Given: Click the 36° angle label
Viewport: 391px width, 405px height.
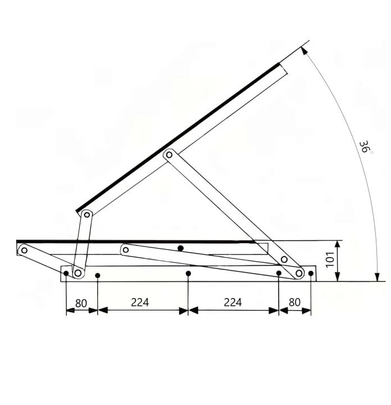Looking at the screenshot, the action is tap(365, 147).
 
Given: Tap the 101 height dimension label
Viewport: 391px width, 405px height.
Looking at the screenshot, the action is tap(330, 259).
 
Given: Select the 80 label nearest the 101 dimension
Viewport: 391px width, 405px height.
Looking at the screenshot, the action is tap(294, 302).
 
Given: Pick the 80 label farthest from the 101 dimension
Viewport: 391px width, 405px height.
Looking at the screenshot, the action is tap(81, 303).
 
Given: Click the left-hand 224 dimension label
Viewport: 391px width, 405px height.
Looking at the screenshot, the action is tap(140, 302).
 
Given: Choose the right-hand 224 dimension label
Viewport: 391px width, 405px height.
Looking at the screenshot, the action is tap(233, 302).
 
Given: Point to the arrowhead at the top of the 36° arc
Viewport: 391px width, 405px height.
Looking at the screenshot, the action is tap(304, 50).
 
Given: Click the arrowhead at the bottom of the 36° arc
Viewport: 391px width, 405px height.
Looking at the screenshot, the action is tap(378, 277).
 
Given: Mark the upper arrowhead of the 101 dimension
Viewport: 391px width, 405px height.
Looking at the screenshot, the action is tap(338, 245).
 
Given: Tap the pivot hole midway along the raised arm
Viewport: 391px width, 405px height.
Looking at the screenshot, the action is tap(169, 155).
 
